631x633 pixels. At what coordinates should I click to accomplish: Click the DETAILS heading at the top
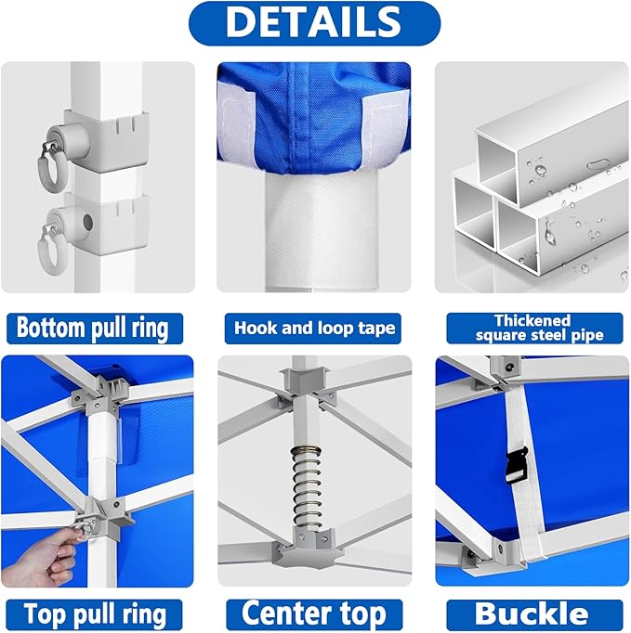(x=314, y=23)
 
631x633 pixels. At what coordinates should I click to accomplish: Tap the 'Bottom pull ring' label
(x=93, y=328)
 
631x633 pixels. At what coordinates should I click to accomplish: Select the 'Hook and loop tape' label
(x=314, y=328)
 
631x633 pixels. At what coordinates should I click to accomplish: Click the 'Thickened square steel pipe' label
(x=532, y=328)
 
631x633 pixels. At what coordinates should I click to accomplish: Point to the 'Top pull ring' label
(x=96, y=614)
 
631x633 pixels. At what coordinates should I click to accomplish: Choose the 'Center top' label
(x=314, y=614)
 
